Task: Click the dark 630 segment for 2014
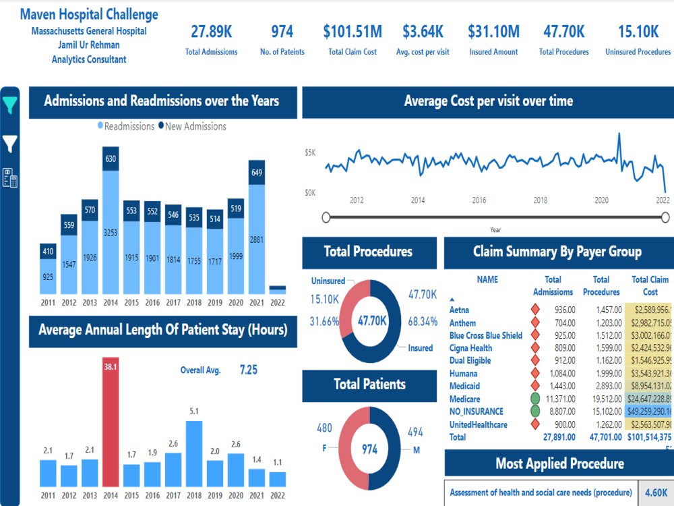[x=111, y=159]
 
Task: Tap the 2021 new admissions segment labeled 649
[x=257, y=172]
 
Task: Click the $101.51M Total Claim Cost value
[x=353, y=31]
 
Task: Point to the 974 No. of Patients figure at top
[x=282, y=31]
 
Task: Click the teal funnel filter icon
[x=11, y=105]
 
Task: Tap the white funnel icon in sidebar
[x=11, y=143]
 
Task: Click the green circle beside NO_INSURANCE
[x=535, y=412]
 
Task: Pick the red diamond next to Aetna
[x=535, y=309]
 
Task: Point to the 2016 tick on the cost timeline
[x=479, y=200]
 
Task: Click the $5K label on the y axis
[x=310, y=153]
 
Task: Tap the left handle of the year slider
[x=326, y=217]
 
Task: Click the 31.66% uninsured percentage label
[x=324, y=322]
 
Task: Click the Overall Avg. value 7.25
[x=248, y=370]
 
